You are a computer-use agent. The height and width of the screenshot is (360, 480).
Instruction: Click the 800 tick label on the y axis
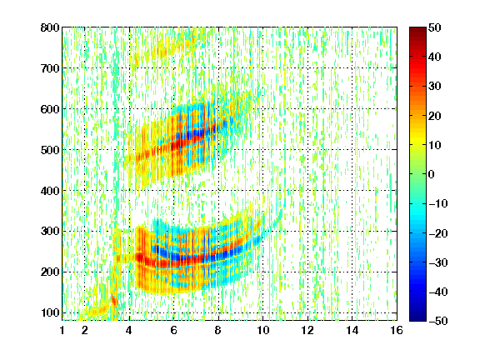[x=50, y=27]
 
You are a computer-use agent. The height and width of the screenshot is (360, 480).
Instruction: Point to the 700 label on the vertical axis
[x=50, y=68]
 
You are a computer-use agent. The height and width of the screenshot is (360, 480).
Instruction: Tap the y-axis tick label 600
[x=50, y=109]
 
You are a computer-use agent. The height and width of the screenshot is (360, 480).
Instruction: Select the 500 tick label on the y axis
[x=50, y=150]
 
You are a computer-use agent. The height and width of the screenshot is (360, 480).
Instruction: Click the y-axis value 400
[x=50, y=191]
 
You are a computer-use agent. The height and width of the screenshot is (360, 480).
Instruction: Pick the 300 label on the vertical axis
[x=50, y=231]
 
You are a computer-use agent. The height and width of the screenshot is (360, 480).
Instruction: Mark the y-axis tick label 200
[x=50, y=272]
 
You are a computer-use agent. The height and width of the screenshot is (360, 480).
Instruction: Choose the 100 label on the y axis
[x=50, y=312]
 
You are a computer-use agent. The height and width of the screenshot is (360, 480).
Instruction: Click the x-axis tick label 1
[x=62, y=330]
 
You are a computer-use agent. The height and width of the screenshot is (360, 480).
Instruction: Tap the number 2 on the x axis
[x=85, y=330]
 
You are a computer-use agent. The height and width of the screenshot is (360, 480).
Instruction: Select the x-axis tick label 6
[x=173, y=330]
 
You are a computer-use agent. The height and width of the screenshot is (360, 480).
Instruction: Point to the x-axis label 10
[x=262, y=330]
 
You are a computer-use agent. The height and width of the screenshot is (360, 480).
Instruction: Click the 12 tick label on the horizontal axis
[x=307, y=330]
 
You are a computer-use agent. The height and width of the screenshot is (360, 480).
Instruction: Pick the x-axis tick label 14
[x=352, y=330]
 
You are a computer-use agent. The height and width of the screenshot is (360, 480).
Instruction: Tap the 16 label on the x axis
[x=397, y=330]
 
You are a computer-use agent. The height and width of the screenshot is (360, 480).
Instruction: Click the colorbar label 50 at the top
[x=434, y=27]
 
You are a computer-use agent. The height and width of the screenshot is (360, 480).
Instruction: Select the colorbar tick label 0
[x=432, y=174]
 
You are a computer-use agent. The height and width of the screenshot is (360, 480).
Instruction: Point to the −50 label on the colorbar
[x=438, y=321]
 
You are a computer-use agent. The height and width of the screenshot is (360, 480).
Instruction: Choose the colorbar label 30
[x=434, y=87]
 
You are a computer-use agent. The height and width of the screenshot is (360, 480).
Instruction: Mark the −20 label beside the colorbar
[x=438, y=233]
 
